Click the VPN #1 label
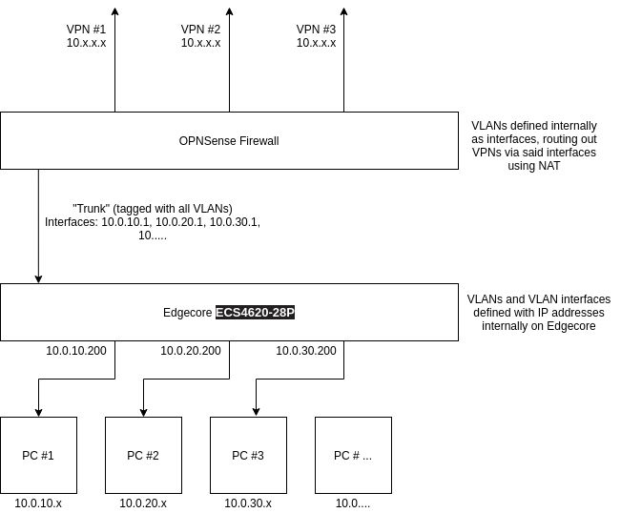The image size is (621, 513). point(86,35)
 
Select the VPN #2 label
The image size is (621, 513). point(200,35)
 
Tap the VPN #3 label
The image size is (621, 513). point(316,35)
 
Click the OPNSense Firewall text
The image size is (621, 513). point(229,141)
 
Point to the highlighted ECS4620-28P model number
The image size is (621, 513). point(255,313)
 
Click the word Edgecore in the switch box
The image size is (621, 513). point(188,313)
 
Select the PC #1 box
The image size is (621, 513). point(38,455)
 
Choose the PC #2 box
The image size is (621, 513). point(143,455)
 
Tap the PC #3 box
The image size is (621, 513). point(248,455)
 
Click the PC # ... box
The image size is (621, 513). point(353,455)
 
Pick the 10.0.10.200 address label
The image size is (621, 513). point(76,351)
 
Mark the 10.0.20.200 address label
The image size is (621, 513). point(191,351)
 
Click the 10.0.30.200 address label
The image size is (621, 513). point(306,351)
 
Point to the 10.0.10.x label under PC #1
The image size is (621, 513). point(38,503)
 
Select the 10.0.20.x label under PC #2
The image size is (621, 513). point(143,503)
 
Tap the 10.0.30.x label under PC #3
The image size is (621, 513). point(248,503)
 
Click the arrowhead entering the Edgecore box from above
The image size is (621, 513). point(38,278)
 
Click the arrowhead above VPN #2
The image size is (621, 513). point(229,10)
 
